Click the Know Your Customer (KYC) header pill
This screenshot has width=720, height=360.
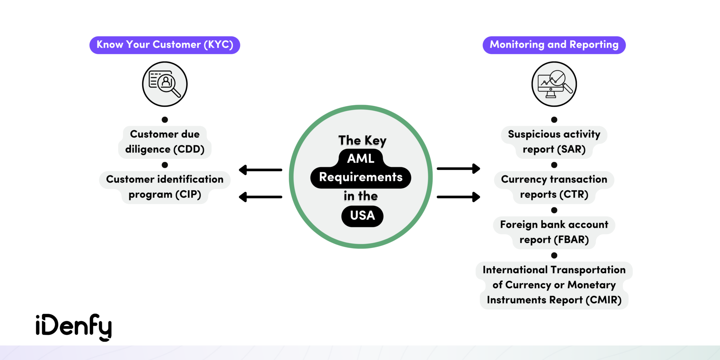(165, 45)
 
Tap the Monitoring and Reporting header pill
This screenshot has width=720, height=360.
(554, 45)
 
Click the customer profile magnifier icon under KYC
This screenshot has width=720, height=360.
(165, 84)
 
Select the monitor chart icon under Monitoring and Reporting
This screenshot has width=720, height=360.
(554, 84)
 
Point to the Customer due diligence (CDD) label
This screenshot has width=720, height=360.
(165, 142)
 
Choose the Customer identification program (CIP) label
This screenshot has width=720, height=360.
(165, 187)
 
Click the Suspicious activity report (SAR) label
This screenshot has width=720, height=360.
(554, 142)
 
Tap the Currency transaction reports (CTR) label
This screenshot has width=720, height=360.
(554, 187)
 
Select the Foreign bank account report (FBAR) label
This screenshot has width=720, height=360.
(554, 232)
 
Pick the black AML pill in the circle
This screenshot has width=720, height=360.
(361, 159)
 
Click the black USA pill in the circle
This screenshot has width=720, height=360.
(362, 216)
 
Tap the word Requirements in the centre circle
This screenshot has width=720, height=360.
(361, 177)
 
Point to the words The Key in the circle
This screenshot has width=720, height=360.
(362, 140)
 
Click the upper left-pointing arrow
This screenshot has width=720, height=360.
(260, 170)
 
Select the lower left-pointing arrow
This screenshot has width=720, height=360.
(260, 197)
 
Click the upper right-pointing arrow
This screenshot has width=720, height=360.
(458, 169)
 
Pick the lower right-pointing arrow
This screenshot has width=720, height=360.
(458, 197)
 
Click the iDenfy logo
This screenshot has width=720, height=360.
(73, 327)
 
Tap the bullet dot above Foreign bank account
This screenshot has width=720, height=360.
(554, 210)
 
